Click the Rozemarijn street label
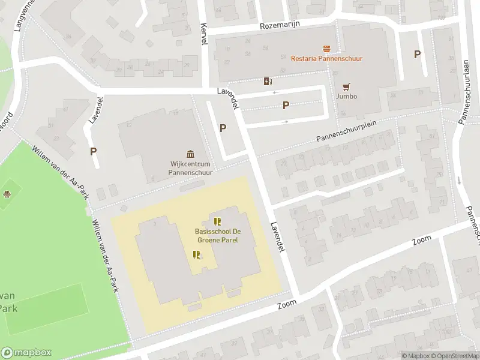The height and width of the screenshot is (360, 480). (280, 25)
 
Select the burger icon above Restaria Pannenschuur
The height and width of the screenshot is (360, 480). (326, 48)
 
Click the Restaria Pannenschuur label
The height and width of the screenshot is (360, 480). (326, 58)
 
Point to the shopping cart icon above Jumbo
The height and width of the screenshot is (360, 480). (346, 86)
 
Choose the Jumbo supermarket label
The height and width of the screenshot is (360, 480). (346, 96)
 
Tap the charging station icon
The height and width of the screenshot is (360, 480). (267, 81)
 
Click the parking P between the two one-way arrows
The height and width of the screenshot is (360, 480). (286, 106)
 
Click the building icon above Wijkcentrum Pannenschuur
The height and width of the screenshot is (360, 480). (191, 154)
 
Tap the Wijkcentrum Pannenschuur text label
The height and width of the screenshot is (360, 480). (191, 167)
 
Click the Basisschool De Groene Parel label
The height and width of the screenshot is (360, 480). (217, 235)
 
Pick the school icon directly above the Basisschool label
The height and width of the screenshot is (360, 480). (217, 221)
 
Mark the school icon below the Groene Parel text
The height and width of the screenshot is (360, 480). (196, 255)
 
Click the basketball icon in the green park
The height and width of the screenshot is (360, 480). (7, 194)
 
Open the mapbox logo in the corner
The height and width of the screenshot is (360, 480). (26, 353)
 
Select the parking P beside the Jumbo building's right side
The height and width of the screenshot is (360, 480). (417, 54)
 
